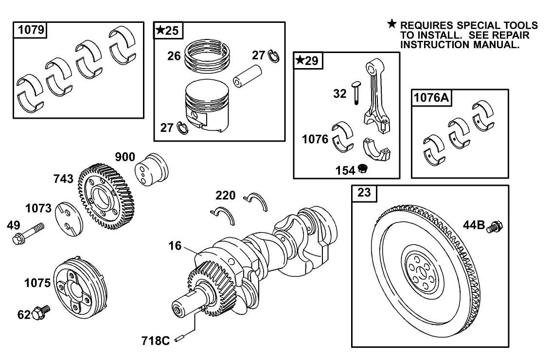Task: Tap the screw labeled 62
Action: coord(42,312)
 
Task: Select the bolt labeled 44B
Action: coord(496,226)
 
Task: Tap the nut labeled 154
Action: coord(362,169)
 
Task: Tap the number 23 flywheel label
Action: coord(364,193)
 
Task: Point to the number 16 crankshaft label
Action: coord(175,246)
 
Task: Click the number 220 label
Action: coord(225,196)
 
